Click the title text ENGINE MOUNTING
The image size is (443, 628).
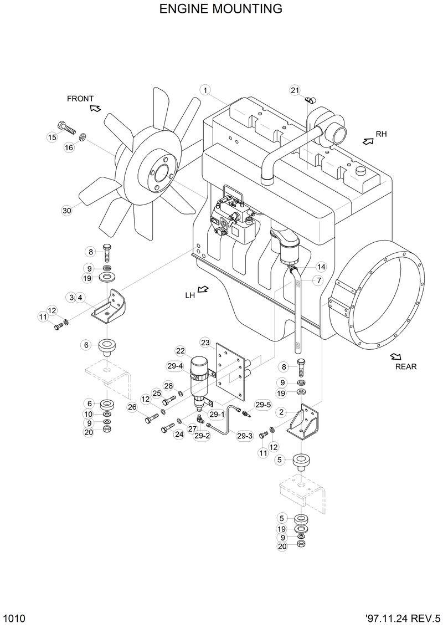click(220, 9)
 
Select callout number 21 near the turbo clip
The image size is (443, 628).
click(295, 90)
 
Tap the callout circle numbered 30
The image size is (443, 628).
click(66, 210)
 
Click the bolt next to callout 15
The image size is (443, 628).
click(65, 126)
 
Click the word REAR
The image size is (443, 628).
click(405, 366)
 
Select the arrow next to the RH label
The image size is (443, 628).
click(367, 141)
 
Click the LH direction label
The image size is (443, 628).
click(190, 295)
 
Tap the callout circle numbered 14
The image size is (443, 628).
click(321, 267)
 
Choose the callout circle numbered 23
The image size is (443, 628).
click(205, 341)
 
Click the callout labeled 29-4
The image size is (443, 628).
click(175, 366)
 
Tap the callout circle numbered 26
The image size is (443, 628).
click(132, 407)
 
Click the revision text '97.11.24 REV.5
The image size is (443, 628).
click(403, 619)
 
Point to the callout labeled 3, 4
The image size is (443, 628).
click(76, 298)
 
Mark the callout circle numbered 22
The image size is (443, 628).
click(181, 350)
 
